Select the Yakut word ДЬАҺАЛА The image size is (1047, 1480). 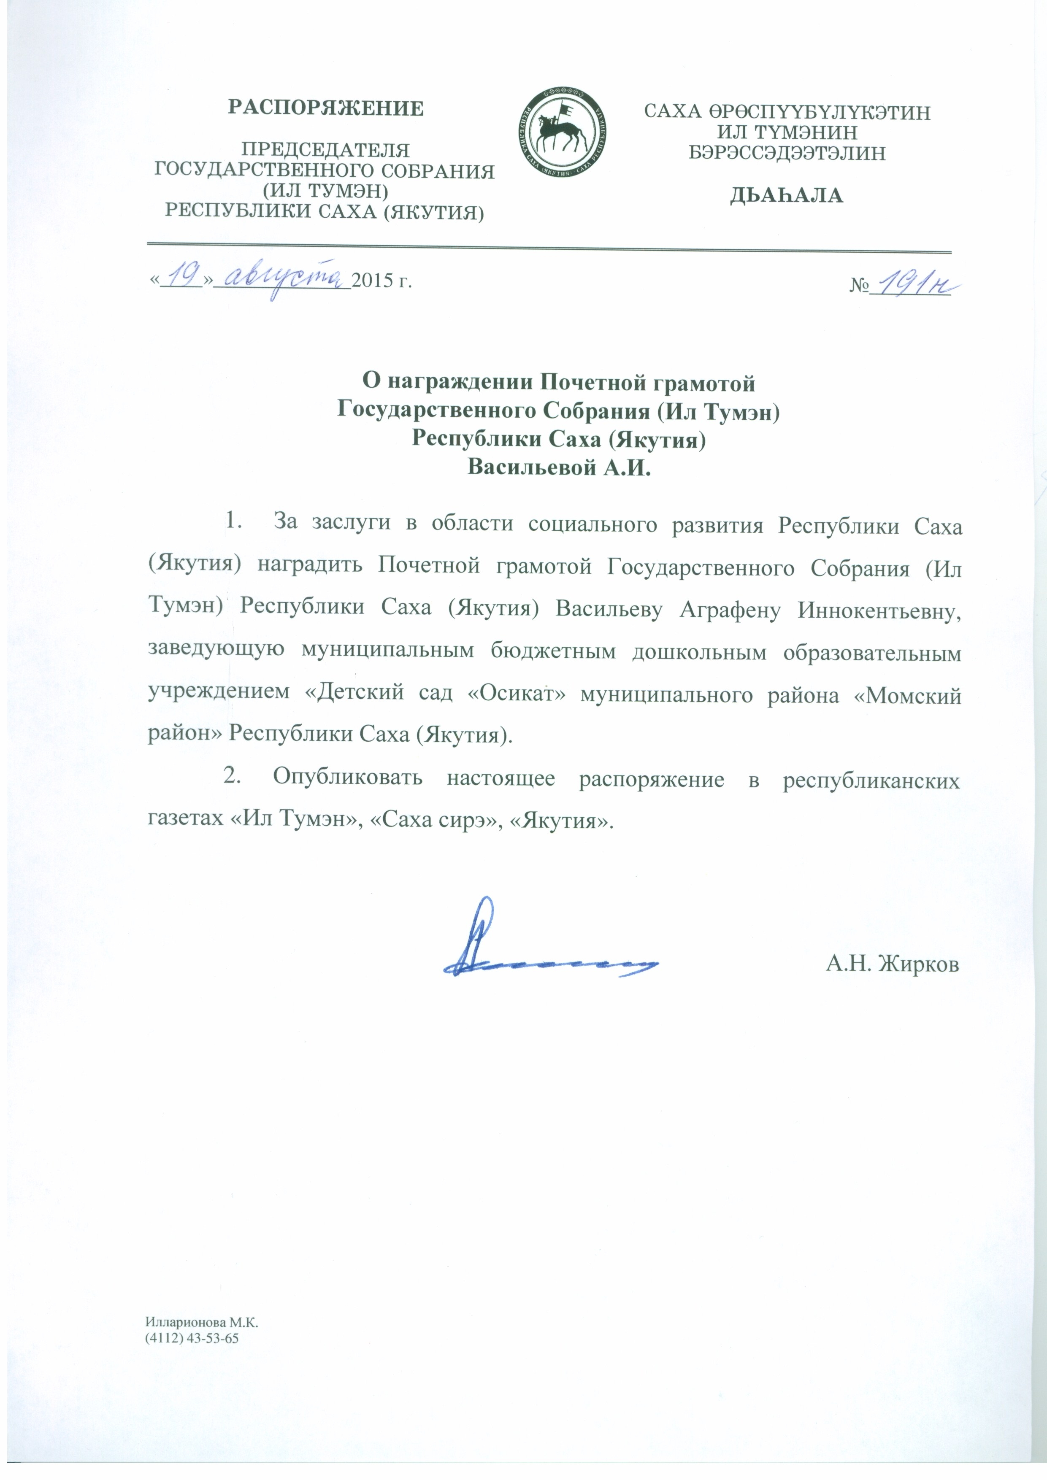tap(787, 196)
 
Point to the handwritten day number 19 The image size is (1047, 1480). tap(181, 276)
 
